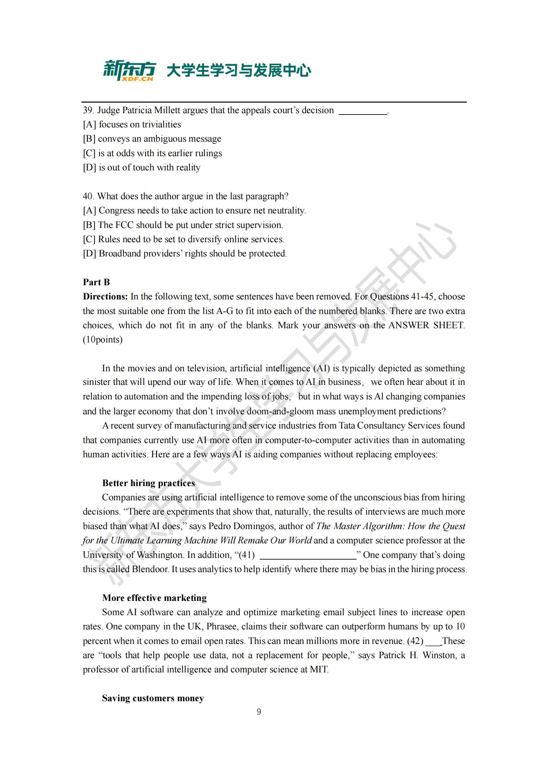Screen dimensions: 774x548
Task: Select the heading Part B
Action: coord(96,282)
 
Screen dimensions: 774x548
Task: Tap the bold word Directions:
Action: coord(105,296)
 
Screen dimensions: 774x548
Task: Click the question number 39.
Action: coord(88,110)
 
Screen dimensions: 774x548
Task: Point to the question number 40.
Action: coord(88,196)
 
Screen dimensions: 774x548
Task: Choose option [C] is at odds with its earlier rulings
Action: coord(152,153)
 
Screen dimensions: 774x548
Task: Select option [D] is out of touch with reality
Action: coord(142,167)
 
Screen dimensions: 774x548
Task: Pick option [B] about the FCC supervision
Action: coord(183,225)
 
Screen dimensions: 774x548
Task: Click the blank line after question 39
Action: coord(363,114)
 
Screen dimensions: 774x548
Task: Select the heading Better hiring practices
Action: coord(148,483)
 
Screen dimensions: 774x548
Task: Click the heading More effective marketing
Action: coord(154,598)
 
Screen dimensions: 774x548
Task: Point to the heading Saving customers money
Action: coord(153,698)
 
